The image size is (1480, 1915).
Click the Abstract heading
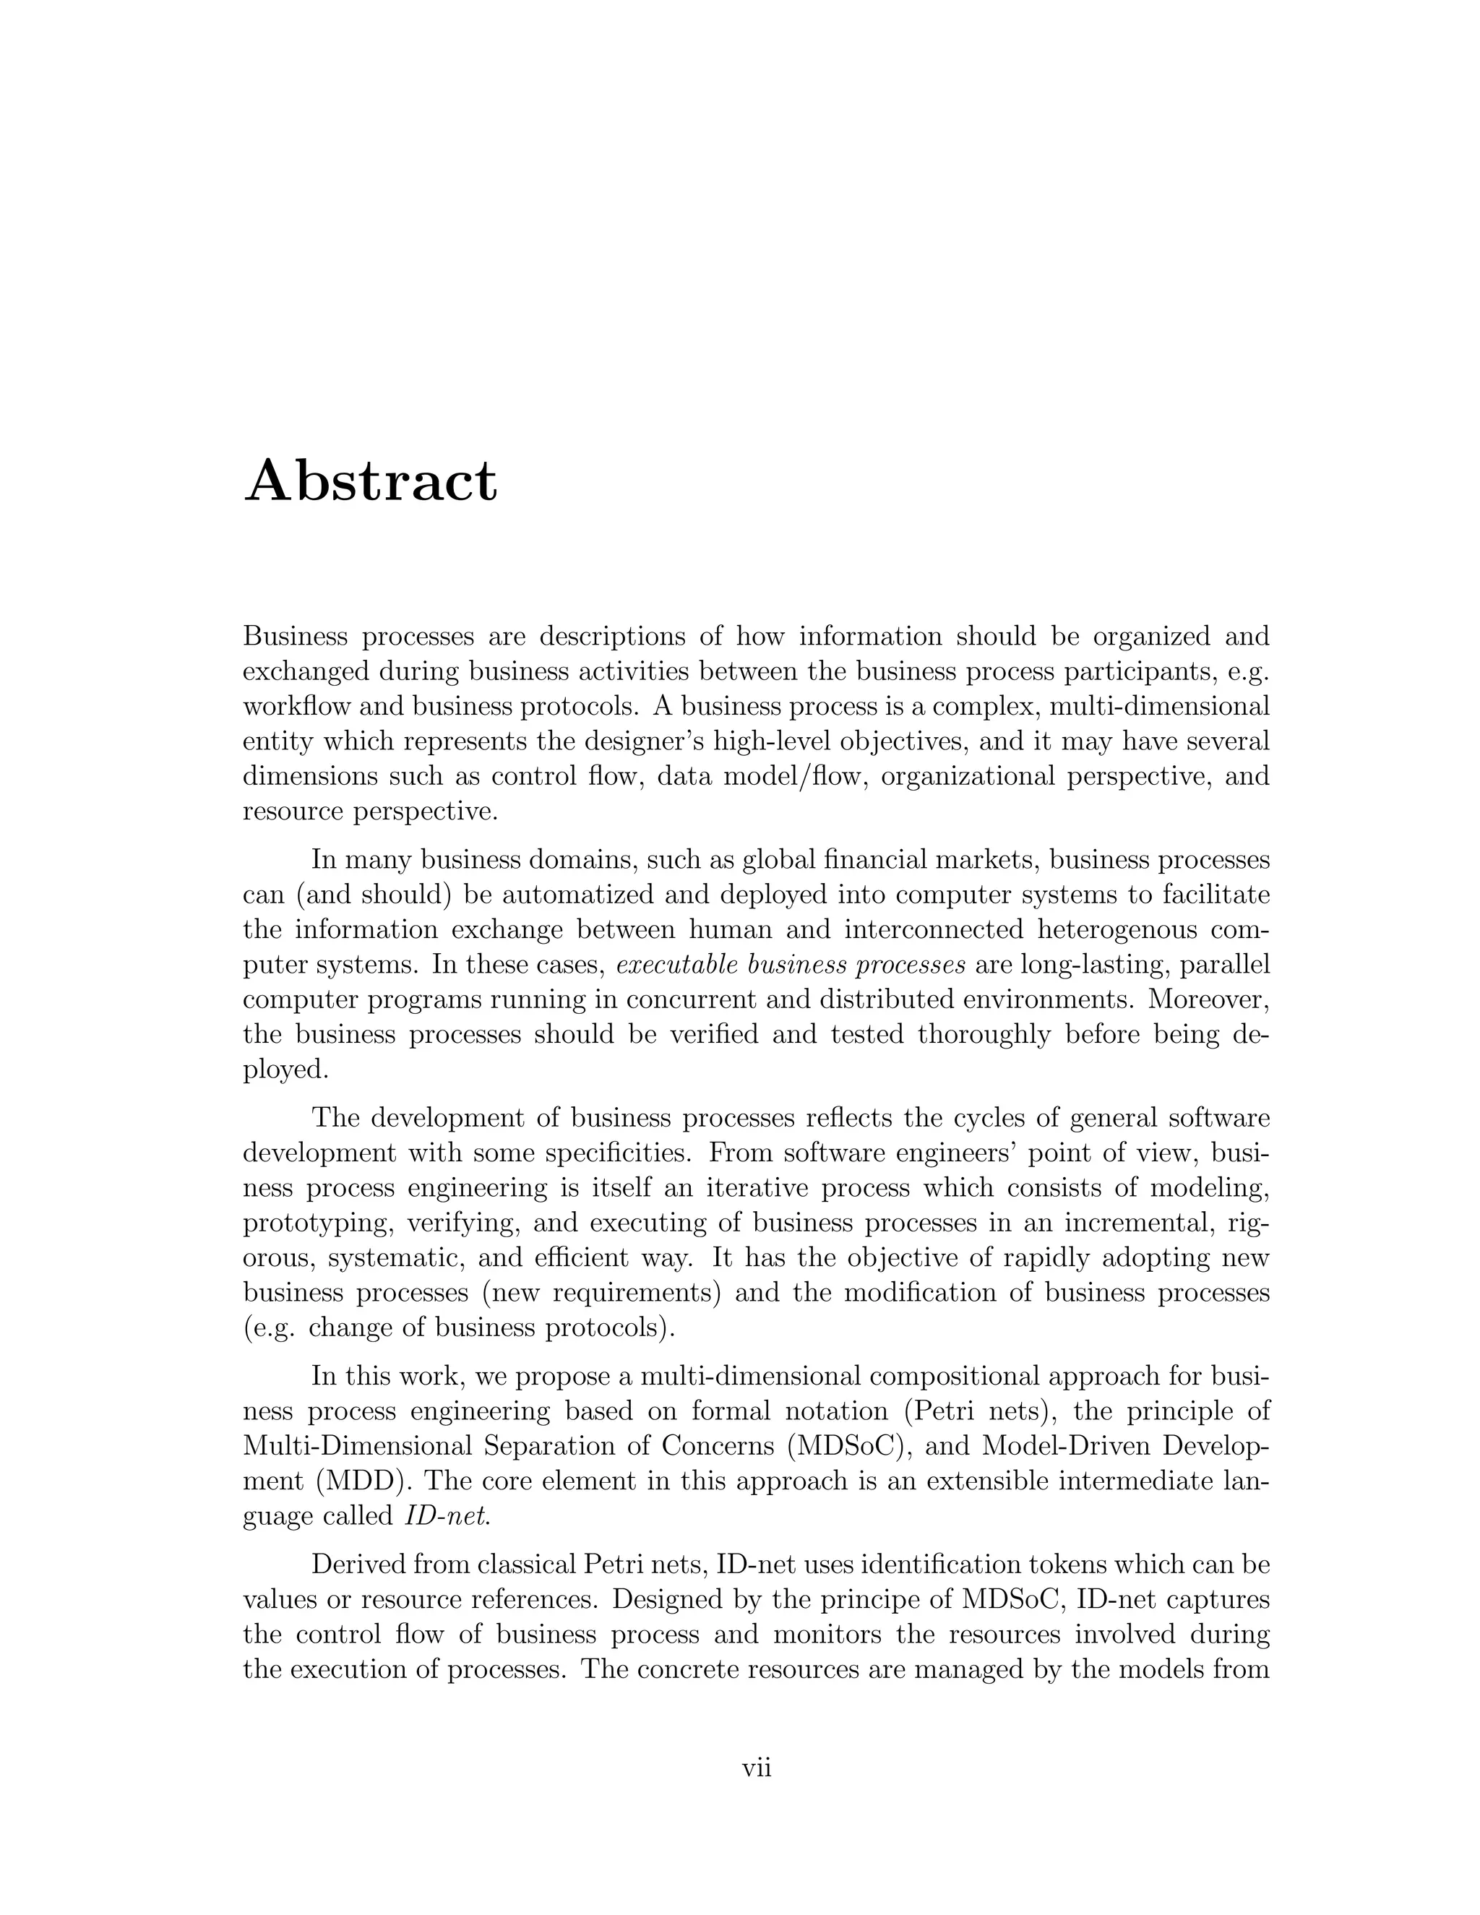click(370, 481)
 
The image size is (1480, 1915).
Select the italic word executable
click(674, 965)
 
